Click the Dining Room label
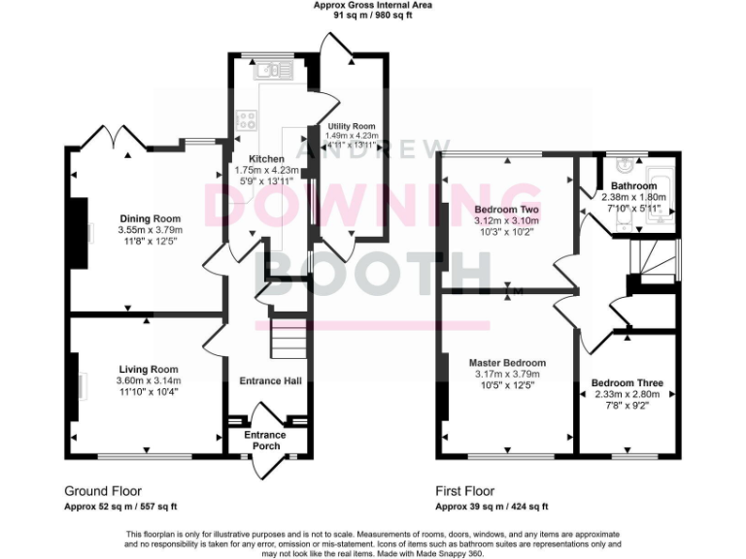coord(151,218)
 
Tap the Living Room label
coord(149,369)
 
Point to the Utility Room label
coord(351,126)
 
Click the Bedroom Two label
coord(506,209)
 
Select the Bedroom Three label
coord(627,383)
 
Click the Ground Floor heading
coord(102,491)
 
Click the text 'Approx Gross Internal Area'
coord(373,5)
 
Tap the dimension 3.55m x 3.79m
coord(151,230)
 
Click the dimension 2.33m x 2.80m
coord(627,395)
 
